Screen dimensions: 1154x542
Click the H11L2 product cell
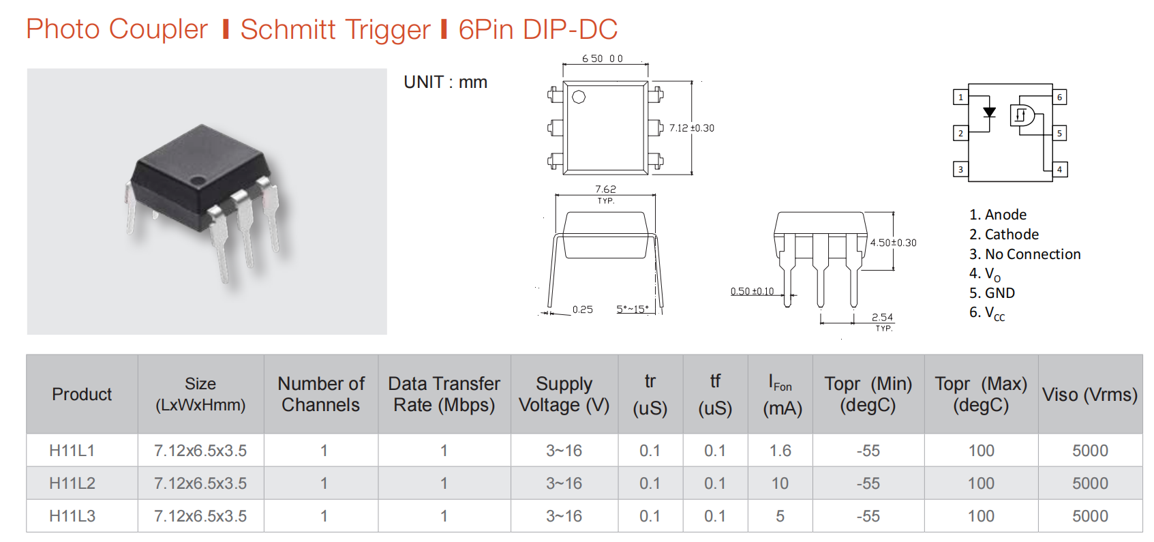[x=72, y=483]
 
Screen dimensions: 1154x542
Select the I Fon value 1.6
[x=780, y=451]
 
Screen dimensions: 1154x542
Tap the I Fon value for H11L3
[x=780, y=516]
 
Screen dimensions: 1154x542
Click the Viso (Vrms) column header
[x=1090, y=395]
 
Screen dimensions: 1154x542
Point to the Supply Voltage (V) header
[x=564, y=395]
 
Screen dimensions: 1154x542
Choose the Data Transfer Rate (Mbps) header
[x=444, y=395]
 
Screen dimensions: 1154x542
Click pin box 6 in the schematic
[x=1060, y=97]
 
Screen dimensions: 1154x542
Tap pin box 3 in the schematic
[x=960, y=169]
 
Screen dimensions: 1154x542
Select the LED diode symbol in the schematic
[x=989, y=112]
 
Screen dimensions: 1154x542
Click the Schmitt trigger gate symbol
[x=1022, y=115]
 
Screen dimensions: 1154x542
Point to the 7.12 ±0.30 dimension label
[x=691, y=127]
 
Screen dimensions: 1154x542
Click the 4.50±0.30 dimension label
[x=894, y=243]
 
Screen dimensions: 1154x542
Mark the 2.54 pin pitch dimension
[x=882, y=317]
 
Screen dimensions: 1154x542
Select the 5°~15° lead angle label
[x=632, y=309]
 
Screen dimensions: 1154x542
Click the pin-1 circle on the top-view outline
[x=579, y=97]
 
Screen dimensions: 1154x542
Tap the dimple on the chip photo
[x=197, y=180]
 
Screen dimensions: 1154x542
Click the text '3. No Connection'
[x=1024, y=254]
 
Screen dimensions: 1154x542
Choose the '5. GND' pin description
[x=992, y=293]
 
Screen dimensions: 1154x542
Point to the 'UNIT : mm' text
[x=446, y=82]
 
